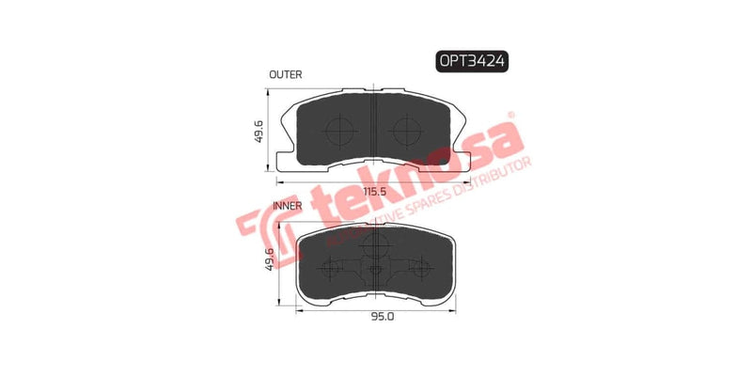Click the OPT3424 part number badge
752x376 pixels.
(x=471, y=62)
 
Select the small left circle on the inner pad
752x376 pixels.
(x=331, y=268)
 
